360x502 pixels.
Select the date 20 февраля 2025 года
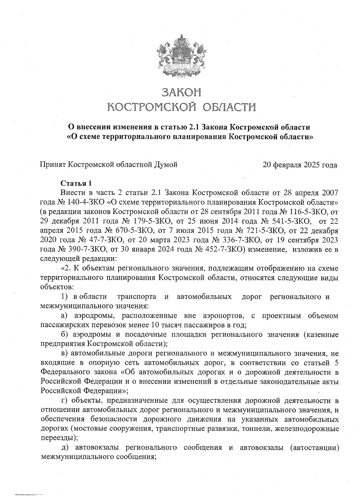(300, 165)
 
